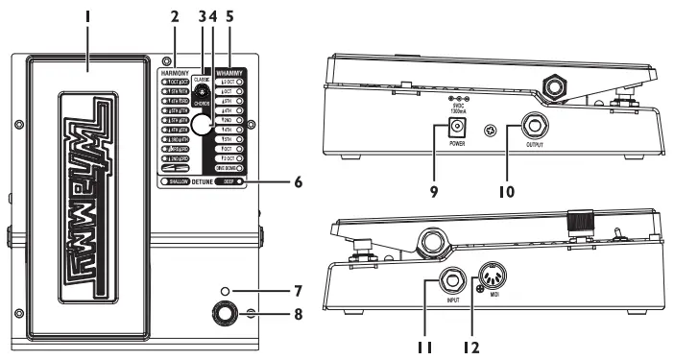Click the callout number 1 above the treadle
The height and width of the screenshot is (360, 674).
click(x=87, y=17)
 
